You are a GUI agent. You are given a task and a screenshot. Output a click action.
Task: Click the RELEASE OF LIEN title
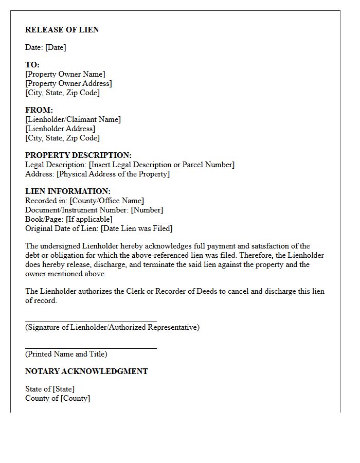pos(62,30)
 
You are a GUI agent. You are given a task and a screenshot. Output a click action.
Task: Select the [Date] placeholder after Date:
pos(56,47)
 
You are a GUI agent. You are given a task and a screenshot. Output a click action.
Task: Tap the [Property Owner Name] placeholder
pos(65,74)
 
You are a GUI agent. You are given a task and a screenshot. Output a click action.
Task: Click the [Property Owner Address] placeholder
pos(68,83)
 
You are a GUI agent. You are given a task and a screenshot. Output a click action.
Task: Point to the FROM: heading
pos(39,110)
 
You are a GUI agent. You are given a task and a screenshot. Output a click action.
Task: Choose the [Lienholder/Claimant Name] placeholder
pos(73,119)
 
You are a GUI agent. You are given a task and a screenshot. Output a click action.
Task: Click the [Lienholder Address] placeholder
pos(60,129)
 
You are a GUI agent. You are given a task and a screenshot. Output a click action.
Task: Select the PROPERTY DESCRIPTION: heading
pos(78,155)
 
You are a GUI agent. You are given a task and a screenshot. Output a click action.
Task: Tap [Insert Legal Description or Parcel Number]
pos(161,165)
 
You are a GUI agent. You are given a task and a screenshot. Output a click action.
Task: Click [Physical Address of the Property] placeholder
pos(113,174)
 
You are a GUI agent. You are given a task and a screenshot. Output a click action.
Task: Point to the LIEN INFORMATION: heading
pos(68,191)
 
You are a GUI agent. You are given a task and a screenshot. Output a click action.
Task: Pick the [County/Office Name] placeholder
pos(107,201)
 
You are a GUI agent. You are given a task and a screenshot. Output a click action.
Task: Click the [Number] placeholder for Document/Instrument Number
pos(147,210)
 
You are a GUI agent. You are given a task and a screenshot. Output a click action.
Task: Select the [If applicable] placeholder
pos(89,219)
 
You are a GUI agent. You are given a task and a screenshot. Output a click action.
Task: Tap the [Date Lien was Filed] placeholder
pos(137,228)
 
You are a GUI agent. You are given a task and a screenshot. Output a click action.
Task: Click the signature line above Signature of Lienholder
pos(91,320)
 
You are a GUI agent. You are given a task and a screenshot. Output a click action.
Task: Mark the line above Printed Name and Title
pos(91,348)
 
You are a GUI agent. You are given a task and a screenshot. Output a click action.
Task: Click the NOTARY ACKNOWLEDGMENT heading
pos(86,371)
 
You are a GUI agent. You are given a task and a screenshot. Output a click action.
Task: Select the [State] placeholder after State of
pos(64,389)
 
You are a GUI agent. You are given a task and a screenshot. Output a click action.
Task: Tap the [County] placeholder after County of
pos(75,398)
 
